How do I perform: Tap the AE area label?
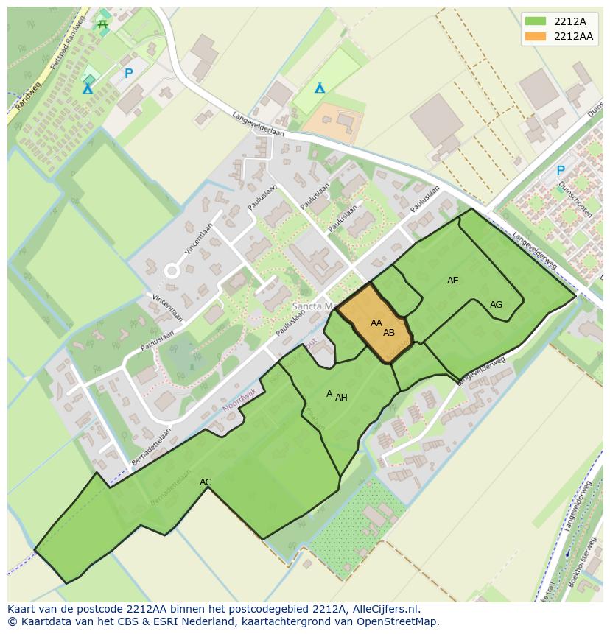click(452, 281)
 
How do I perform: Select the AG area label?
click(496, 305)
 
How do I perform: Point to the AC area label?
click(206, 482)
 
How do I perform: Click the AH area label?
click(341, 398)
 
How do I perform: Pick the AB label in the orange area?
click(389, 333)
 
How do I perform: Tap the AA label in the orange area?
click(376, 323)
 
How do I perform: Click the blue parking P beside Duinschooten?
click(560, 170)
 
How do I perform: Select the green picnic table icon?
click(102, 24)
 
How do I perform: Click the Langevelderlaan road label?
click(258, 123)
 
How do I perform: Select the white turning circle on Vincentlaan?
click(172, 271)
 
